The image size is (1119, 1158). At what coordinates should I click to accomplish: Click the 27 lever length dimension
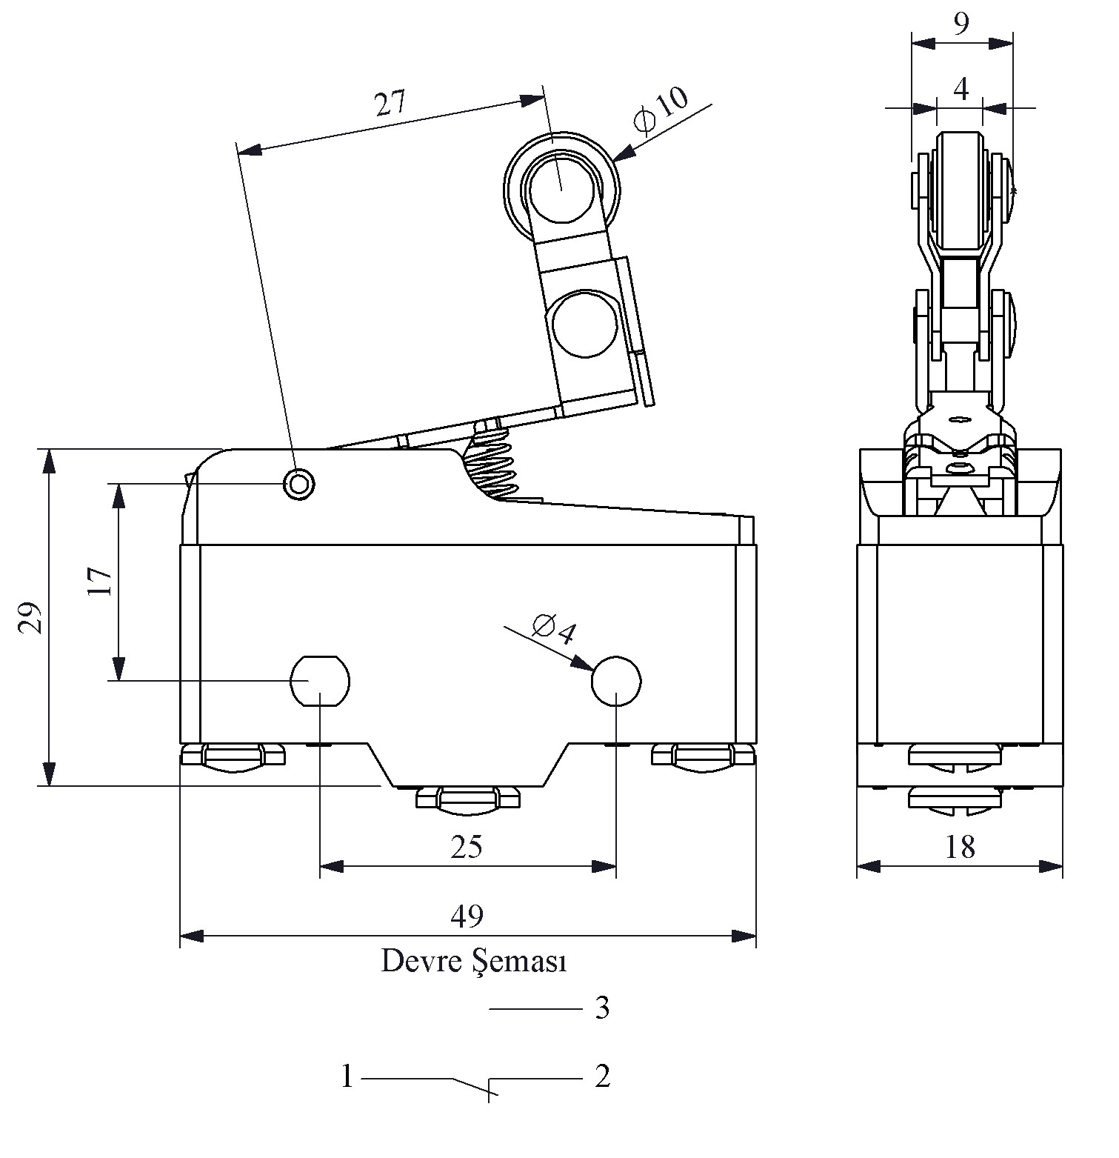click(x=390, y=104)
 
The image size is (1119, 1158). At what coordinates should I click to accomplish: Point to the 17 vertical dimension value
click(x=99, y=582)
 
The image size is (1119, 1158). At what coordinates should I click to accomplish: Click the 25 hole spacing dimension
click(x=467, y=846)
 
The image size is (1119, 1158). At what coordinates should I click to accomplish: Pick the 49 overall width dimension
click(x=467, y=916)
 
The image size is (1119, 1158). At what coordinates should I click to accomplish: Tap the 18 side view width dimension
click(x=960, y=847)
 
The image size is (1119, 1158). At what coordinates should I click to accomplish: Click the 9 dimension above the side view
click(x=961, y=24)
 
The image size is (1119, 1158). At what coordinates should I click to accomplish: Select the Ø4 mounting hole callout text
click(x=554, y=629)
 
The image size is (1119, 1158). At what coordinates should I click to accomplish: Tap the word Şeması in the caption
click(x=519, y=962)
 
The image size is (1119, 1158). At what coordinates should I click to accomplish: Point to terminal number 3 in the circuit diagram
click(x=602, y=1008)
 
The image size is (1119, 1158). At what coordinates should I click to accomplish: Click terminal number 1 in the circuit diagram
click(x=347, y=1077)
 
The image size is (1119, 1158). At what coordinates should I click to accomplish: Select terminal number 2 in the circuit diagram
click(x=602, y=1077)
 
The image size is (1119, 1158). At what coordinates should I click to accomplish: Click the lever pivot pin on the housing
click(x=299, y=484)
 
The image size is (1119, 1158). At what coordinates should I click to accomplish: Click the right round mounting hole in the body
click(x=616, y=680)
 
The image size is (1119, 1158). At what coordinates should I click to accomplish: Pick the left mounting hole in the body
click(x=319, y=680)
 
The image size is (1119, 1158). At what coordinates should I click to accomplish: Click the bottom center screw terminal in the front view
click(x=468, y=799)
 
